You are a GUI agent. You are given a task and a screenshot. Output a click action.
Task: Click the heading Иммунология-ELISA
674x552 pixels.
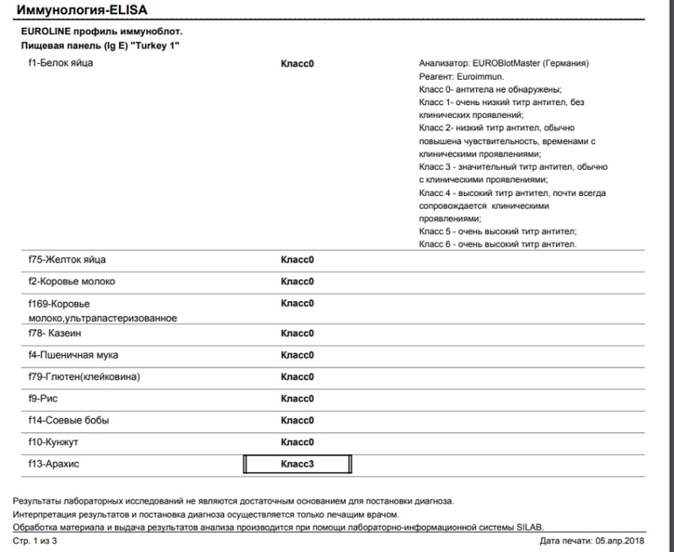[83, 10]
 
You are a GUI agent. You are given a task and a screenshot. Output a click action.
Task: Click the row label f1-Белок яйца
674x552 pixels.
[60, 63]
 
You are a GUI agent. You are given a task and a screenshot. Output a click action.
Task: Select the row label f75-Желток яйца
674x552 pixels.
[67, 260]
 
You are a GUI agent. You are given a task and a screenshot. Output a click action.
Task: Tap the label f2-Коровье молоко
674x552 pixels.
[71, 282]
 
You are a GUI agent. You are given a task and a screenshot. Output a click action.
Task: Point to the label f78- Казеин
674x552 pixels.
[60, 333]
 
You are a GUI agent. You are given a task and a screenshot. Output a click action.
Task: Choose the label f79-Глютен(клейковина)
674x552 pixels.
[84, 377]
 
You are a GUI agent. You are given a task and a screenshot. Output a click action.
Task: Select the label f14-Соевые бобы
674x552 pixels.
[68, 420]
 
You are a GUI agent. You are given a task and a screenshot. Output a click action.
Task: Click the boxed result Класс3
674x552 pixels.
[297, 464]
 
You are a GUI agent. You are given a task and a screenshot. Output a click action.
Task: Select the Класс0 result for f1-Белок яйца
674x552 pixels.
[297, 64]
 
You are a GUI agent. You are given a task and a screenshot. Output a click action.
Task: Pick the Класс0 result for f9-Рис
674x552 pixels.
[297, 398]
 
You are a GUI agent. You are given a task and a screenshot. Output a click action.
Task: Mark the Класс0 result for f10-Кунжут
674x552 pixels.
[297, 442]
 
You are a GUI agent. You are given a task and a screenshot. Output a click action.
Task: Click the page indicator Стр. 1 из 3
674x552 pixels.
[36, 542]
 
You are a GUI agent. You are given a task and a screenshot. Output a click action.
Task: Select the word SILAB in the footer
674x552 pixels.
[528, 527]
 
